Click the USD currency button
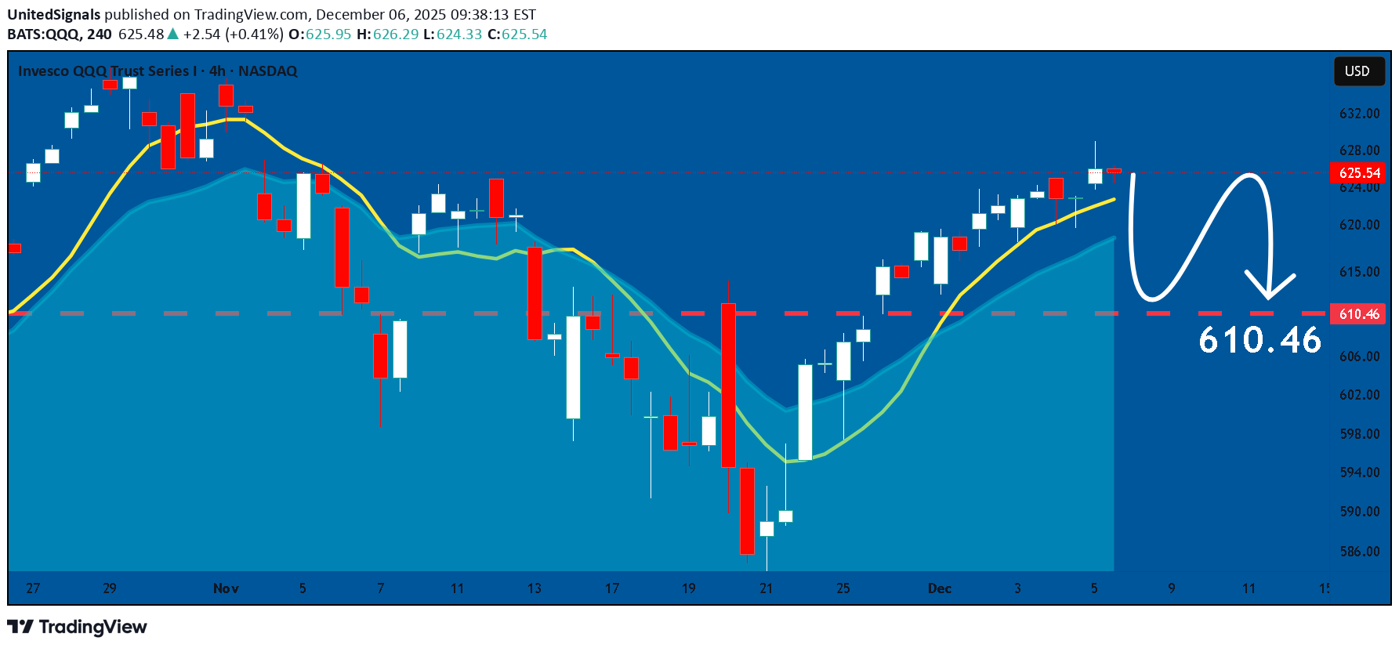point(1358,71)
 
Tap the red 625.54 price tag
point(1358,173)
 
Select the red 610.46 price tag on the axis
point(1358,314)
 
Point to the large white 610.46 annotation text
point(1259,341)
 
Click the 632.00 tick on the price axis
point(1359,114)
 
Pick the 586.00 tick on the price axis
point(1359,552)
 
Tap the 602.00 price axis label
point(1359,395)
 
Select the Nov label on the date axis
point(226,588)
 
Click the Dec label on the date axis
point(939,588)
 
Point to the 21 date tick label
point(766,588)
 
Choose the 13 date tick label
point(535,588)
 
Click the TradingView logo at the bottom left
point(77,627)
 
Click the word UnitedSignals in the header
point(54,15)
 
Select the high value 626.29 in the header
point(396,34)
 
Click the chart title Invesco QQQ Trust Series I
point(107,71)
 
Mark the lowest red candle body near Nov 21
point(747,511)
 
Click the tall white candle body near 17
point(574,367)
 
